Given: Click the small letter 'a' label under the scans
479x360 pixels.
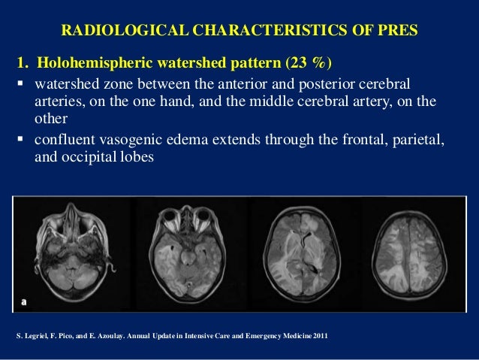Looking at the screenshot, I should point(23,301).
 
